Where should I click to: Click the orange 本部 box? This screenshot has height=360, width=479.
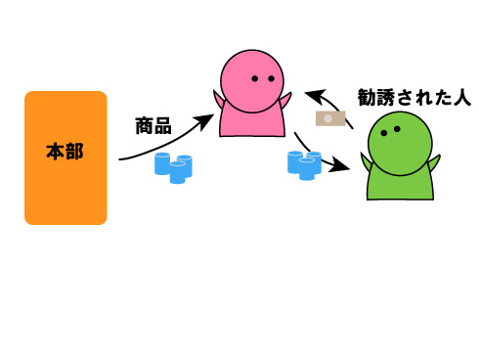point(65,191)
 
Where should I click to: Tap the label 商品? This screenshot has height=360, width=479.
point(153,125)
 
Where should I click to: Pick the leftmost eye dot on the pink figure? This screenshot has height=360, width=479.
point(254,78)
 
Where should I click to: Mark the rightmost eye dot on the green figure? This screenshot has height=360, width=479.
point(397,128)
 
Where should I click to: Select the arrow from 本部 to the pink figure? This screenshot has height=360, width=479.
point(166,142)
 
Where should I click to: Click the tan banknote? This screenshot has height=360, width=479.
point(329,119)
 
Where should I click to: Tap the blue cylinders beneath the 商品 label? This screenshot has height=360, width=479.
point(173,166)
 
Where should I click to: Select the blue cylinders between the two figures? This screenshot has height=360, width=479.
point(304,163)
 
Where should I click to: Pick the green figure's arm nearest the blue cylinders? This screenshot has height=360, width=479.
point(366,162)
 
